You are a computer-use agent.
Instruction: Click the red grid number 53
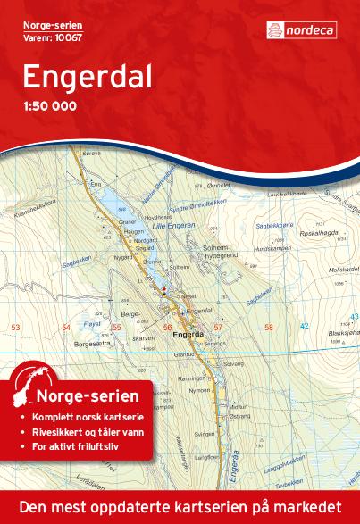tap(15, 328)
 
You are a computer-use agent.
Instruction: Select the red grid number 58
tap(269, 328)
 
